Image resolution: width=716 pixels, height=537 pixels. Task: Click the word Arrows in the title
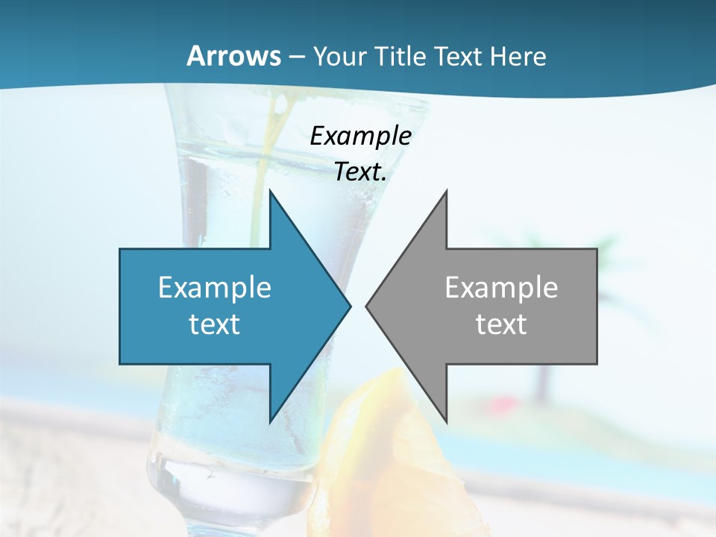click(234, 56)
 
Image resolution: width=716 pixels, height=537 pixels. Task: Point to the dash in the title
click(296, 57)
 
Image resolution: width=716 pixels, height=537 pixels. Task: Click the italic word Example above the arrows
click(360, 136)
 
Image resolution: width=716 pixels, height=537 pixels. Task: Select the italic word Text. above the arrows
click(360, 172)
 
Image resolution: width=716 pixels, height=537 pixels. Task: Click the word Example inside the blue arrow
click(215, 287)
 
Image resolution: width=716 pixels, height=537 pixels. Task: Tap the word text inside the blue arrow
click(215, 324)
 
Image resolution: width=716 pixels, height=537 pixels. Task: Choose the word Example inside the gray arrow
click(501, 287)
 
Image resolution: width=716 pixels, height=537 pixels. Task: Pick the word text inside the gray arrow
click(501, 324)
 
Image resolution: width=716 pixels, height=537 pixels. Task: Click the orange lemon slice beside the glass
click(388, 447)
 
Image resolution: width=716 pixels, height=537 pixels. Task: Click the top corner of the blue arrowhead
click(270, 191)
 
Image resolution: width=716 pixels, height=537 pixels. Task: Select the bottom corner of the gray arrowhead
click(447, 422)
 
